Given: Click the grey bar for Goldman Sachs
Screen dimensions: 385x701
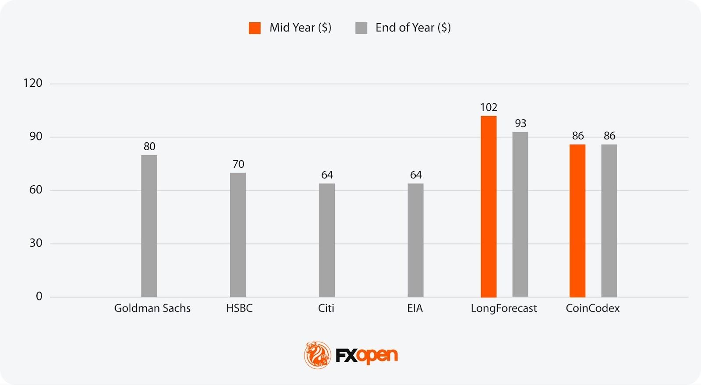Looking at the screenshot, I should coord(149,226).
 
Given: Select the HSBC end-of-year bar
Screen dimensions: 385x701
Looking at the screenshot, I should coord(238,235).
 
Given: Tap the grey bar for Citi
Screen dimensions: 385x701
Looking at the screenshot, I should coord(327,240).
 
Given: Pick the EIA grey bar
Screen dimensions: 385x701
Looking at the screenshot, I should coord(415,240).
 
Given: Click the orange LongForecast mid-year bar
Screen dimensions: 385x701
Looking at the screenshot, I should coord(489,207).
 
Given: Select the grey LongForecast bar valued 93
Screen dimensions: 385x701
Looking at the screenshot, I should coord(520,215).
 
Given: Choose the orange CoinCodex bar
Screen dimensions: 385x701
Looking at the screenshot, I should coord(577,221).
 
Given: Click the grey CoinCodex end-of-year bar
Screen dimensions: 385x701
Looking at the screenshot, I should coord(609,221).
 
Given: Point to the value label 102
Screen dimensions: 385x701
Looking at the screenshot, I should coord(489,107).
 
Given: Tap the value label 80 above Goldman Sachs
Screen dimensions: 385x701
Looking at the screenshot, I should coord(149,146).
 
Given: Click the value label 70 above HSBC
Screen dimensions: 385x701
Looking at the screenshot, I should coord(238,164).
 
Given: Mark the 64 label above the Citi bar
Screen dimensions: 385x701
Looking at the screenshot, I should coord(327,175).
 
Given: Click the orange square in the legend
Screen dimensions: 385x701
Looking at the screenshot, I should coord(255,28).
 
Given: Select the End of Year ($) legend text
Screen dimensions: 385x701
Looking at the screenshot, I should coord(413,28).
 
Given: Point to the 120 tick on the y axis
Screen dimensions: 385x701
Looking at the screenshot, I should coord(33,83).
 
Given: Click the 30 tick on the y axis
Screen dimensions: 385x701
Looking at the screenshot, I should coord(36,243).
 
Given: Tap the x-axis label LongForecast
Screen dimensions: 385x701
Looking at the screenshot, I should coord(503,308).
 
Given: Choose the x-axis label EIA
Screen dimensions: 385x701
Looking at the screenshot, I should coord(415,308).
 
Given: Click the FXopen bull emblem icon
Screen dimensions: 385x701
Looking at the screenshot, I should coord(317,355).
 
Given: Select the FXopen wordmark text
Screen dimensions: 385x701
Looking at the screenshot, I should coord(367,355).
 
